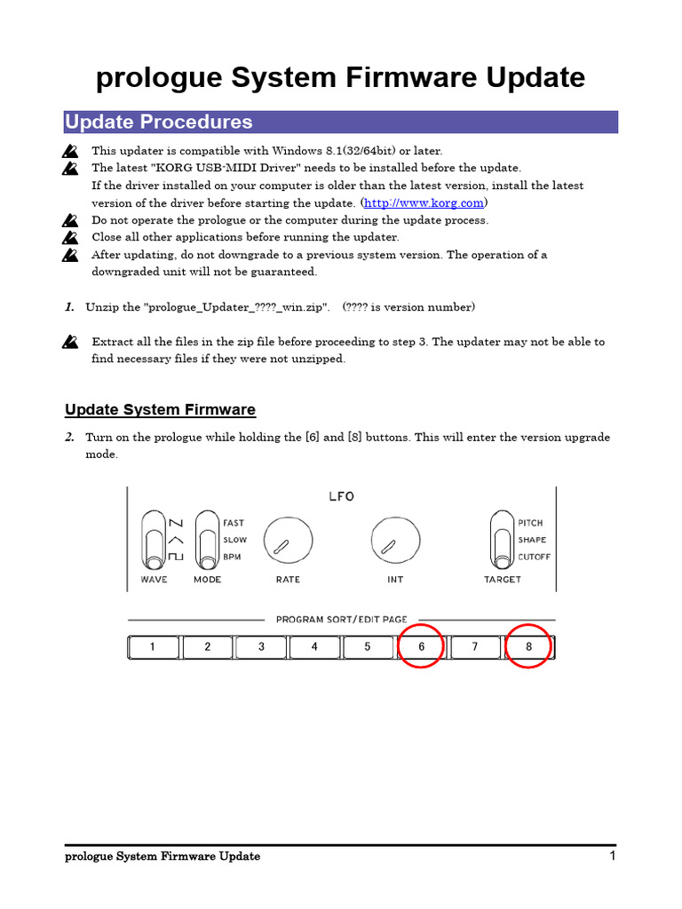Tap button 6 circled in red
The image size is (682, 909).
[421, 647]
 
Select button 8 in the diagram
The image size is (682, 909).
[528, 647]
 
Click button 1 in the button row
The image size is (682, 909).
[153, 647]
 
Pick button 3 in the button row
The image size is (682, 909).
[261, 647]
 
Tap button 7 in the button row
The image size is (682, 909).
[475, 647]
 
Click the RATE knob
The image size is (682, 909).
[288, 541]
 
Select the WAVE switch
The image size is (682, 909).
[153, 540]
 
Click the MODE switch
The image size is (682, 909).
[207, 540]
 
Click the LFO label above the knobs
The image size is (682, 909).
[341, 496]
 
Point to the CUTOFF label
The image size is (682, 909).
[535, 557]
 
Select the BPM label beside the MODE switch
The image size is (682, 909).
[234, 557]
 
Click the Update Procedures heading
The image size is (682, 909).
[159, 123]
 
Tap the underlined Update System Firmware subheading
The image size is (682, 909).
[160, 409]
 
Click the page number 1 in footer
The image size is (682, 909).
[613, 856]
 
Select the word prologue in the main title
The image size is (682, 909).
[155, 78]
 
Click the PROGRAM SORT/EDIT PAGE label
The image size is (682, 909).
[341, 620]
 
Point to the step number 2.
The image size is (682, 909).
[69, 438]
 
